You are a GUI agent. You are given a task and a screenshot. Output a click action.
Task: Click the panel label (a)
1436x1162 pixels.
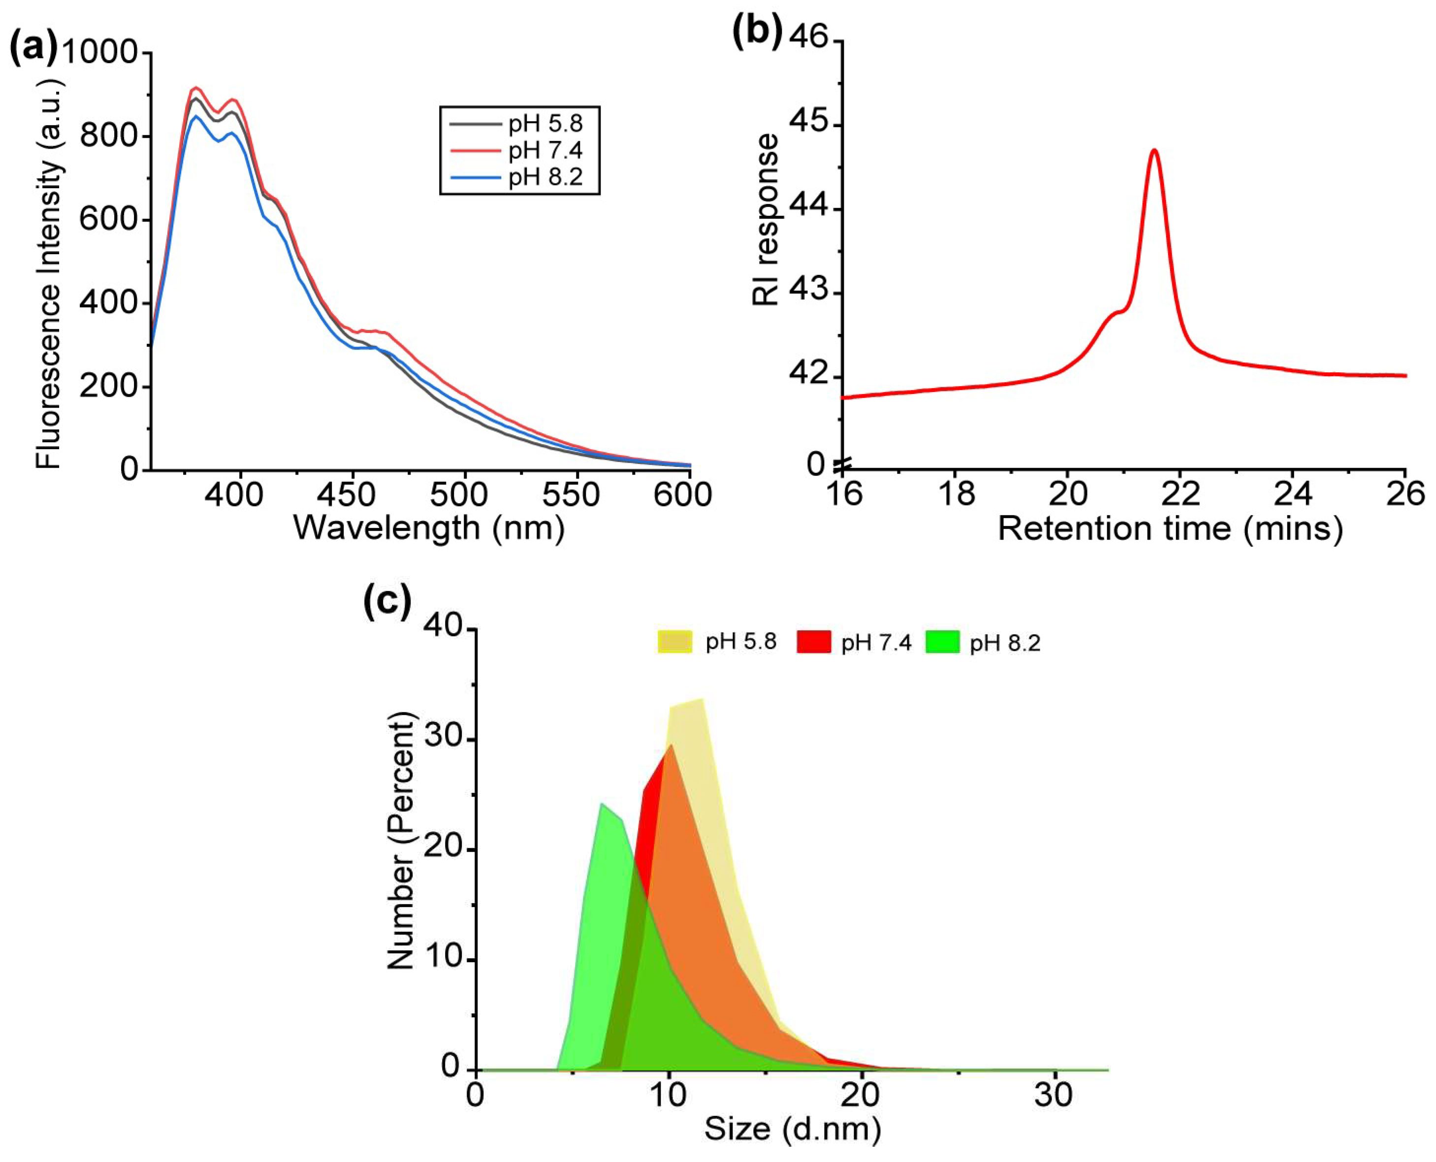coord(33,48)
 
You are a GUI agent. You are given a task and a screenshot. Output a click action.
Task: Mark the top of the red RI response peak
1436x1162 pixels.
coord(1153,151)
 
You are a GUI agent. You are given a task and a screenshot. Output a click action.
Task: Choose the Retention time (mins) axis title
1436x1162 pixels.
coord(1170,529)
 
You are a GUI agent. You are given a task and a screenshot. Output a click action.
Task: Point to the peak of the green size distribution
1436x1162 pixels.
coord(602,804)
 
